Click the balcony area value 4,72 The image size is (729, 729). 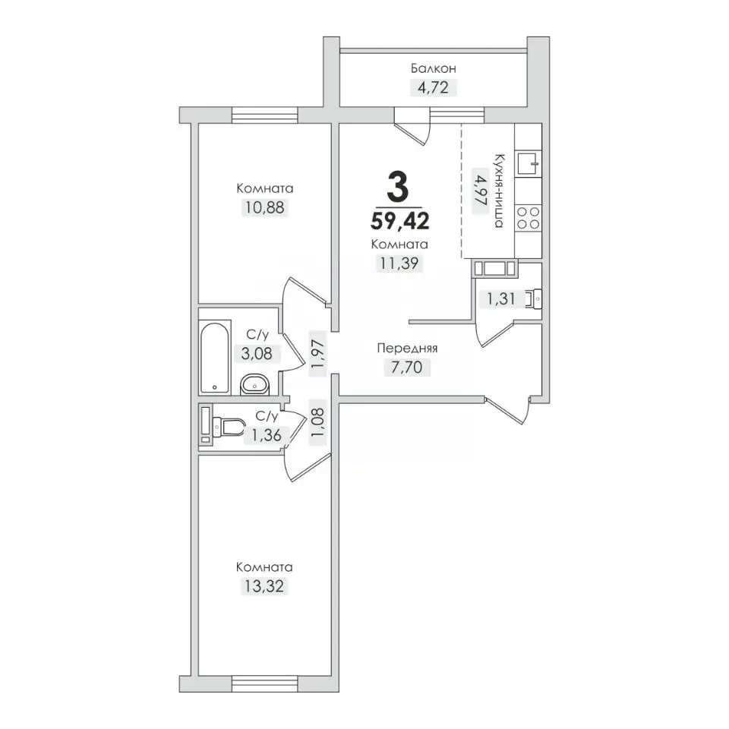433,87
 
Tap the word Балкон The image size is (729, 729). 434,68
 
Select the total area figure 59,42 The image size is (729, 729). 400,220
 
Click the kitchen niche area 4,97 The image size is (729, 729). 479,191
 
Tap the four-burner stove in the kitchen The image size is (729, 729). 529,218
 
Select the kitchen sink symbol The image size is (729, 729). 529,163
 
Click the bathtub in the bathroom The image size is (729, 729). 215,357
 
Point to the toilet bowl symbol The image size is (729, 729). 229,426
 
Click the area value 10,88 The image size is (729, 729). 264,207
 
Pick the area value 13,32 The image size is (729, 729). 264,586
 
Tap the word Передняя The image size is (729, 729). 407,348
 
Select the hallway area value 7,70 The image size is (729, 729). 407,368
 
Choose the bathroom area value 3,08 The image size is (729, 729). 257,354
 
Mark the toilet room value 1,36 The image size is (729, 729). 267,435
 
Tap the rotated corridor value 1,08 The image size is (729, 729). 318,422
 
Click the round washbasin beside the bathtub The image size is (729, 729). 255,384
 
